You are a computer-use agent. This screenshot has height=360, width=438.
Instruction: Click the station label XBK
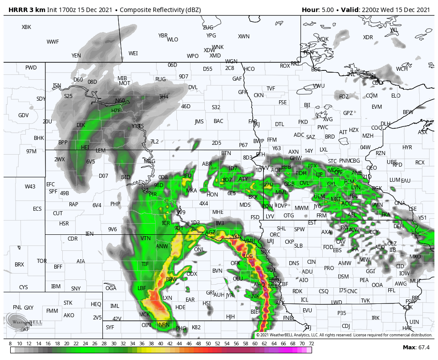pyautogui.click(x=26, y=27)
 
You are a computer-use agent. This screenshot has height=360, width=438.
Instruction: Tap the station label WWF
pyautogui.click(x=53, y=42)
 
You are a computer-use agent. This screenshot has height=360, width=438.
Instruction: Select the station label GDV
pyautogui.click(x=24, y=115)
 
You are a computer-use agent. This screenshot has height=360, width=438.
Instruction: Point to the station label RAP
pyautogui.click(x=73, y=205)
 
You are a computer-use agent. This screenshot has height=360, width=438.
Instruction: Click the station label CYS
pyautogui.click(x=24, y=287)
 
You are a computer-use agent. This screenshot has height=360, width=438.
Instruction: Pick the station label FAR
pyautogui.click(x=253, y=121)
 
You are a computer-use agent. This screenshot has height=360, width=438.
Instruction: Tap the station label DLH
pyautogui.click(x=385, y=124)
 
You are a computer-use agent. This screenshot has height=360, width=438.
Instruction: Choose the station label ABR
pyautogui.click(x=207, y=164)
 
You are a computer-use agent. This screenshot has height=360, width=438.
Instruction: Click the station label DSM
pyautogui.click(x=343, y=277)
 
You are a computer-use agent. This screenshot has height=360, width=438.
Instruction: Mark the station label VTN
pyautogui.click(x=146, y=238)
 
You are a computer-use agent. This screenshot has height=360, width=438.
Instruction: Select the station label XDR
pyautogui.click(x=368, y=37)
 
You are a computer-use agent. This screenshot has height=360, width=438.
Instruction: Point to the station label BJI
pyautogui.click(x=307, y=105)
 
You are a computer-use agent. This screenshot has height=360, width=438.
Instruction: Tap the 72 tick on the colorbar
pyautogui.click(x=311, y=344)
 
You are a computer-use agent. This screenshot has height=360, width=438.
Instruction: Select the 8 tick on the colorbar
pyautogui.click(x=10, y=344)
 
